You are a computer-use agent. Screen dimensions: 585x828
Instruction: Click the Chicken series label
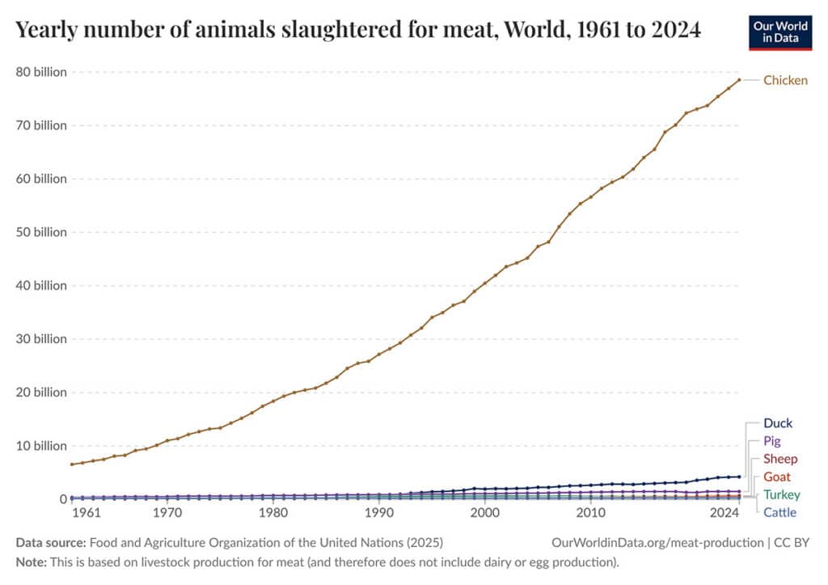click(x=785, y=80)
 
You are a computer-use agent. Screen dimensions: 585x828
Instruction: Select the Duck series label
click(x=778, y=423)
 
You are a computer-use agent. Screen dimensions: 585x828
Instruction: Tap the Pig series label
click(x=771, y=441)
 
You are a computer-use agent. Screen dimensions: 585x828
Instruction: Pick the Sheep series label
click(x=780, y=459)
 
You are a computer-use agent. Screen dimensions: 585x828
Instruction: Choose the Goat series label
click(x=777, y=477)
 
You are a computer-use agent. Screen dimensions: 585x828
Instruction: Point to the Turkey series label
click(x=782, y=494)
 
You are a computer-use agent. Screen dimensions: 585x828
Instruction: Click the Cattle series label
click(x=779, y=512)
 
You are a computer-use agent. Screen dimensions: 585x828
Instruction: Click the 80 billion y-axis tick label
click(x=41, y=72)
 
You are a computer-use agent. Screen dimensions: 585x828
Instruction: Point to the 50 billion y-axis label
click(x=41, y=232)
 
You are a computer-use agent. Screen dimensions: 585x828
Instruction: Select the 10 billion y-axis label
click(x=41, y=446)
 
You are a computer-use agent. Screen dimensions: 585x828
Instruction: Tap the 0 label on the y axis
click(x=62, y=499)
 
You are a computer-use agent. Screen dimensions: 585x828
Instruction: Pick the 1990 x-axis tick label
click(x=378, y=513)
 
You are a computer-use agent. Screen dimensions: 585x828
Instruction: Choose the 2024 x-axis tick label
click(x=724, y=513)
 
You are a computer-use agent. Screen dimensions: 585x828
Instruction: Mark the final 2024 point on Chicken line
click(x=739, y=79)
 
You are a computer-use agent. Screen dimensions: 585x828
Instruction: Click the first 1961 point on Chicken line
click(x=72, y=464)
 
